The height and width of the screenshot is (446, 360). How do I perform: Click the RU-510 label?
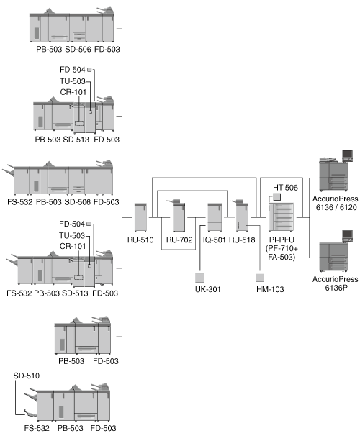tap(140, 240)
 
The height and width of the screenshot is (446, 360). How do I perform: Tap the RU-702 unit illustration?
tap(179, 216)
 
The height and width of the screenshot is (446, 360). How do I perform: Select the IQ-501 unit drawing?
tap(215, 217)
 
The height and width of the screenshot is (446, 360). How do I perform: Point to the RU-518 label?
tap(242, 240)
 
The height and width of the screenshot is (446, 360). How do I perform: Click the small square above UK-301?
tap(199, 278)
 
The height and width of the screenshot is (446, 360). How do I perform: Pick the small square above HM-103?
tap(260, 278)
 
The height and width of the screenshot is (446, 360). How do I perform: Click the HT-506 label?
tap(285, 188)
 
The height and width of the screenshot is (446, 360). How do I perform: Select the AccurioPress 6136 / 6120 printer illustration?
tap(336, 170)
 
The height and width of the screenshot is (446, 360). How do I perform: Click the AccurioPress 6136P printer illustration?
tap(336, 251)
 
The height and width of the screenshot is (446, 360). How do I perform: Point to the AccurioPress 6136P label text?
tap(336, 283)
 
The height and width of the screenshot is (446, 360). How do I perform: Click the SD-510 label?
tap(26, 376)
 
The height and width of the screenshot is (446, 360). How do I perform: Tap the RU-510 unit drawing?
tap(140, 217)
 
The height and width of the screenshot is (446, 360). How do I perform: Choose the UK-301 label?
tap(208, 289)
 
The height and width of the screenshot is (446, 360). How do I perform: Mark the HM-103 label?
tap(270, 289)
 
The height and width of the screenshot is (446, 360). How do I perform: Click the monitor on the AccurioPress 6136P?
tap(347, 236)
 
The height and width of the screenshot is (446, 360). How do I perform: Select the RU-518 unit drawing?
tap(241, 216)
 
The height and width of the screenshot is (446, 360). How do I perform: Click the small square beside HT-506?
tap(276, 196)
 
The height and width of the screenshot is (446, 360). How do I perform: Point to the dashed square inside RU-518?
tap(242, 226)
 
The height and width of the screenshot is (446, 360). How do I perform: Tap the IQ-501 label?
tap(214, 240)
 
